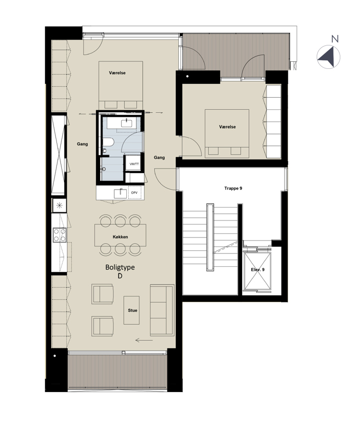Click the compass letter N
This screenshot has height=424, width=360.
(x=335, y=39)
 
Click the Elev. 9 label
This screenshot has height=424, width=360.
(x=258, y=269)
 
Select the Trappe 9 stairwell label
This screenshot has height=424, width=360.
(x=233, y=188)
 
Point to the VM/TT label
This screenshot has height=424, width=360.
(x=134, y=164)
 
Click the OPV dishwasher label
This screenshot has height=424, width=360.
(x=134, y=193)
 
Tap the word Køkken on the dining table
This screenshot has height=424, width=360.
(x=120, y=237)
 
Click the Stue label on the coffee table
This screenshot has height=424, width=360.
(x=133, y=310)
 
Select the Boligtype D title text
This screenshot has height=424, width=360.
(x=120, y=271)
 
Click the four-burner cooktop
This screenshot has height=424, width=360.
(x=59, y=235)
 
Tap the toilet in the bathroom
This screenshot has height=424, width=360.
(x=108, y=142)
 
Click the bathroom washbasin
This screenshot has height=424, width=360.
(x=127, y=123)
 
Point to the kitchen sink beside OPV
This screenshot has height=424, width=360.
(x=120, y=194)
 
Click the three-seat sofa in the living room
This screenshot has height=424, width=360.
(x=162, y=310)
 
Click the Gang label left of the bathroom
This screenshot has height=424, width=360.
(x=82, y=144)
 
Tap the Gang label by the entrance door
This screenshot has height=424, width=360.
(x=159, y=157)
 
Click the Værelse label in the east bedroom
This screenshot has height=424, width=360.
(x=227, y=127)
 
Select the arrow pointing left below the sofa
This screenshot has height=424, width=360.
(x=144, y=340)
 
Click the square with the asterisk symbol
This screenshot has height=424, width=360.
(x=59, y=206)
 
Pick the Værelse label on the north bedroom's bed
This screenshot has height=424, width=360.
(x=117, y=73)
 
